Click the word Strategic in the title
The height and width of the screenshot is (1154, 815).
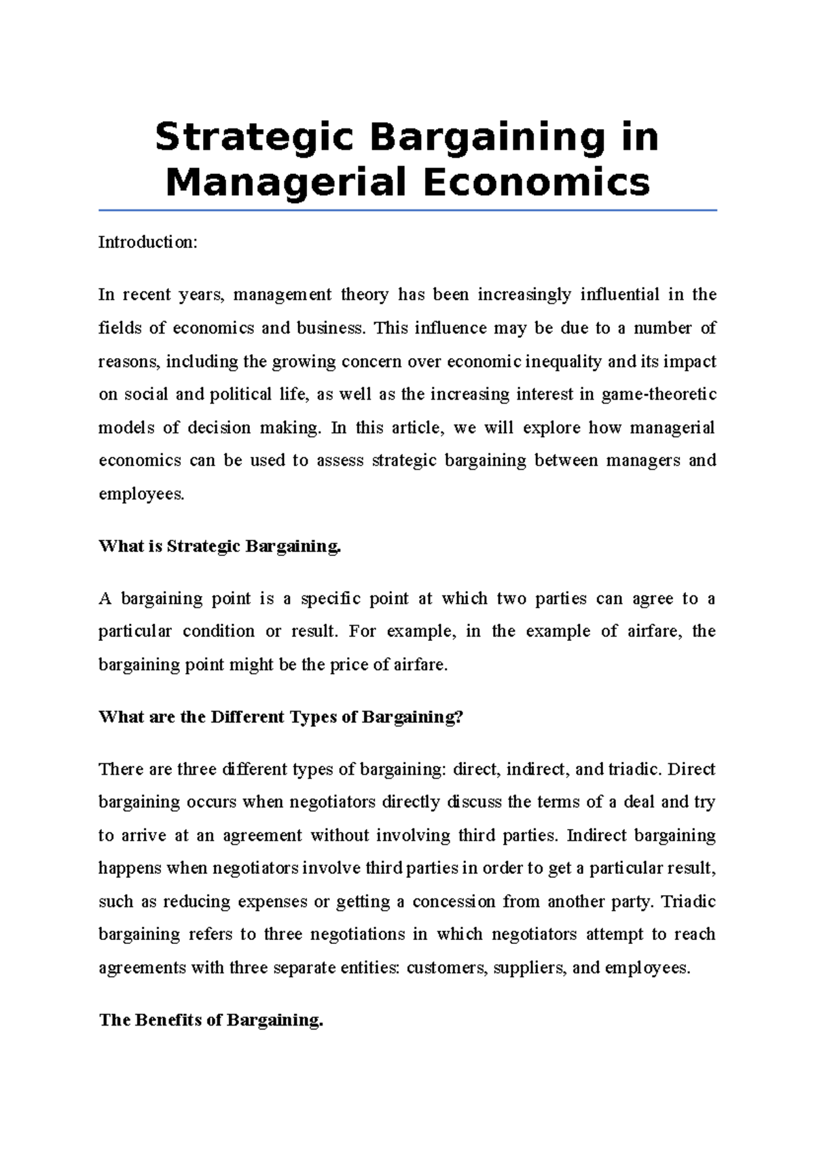tap(254, 137)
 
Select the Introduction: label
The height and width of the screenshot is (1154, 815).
tap(147, 242)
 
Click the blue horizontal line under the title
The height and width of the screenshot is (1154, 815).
tap(407, 211)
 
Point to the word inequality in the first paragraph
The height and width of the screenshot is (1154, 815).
tap(563, 362)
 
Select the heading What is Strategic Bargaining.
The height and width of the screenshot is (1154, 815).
tap(219, 546)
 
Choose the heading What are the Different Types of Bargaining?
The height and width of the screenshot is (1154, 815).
tap(280, 718)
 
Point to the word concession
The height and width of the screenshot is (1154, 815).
tap(453, 902)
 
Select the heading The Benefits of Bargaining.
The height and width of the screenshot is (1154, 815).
tap(211, 1020)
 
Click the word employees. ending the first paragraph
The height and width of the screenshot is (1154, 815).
tap(141, 494)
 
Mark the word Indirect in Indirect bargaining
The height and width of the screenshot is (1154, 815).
tap(596, 835)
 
